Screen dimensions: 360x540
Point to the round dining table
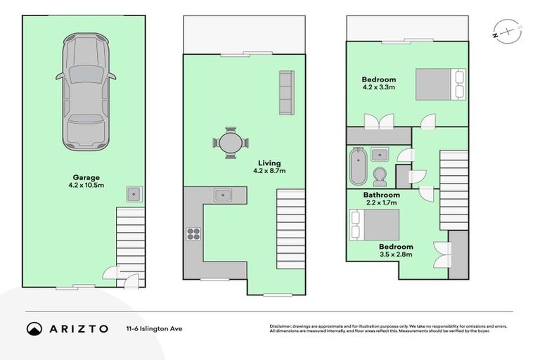[x=231, y=143]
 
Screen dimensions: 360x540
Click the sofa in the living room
[x=286, y=93]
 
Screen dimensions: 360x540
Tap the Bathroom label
[x=381, y=195]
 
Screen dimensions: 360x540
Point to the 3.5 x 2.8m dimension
[x=395, y=256]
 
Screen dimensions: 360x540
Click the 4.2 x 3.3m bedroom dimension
[x=379, y=89]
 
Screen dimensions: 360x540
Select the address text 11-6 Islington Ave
[x=153, y=328]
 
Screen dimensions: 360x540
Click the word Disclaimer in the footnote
[x=281, y=326]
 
